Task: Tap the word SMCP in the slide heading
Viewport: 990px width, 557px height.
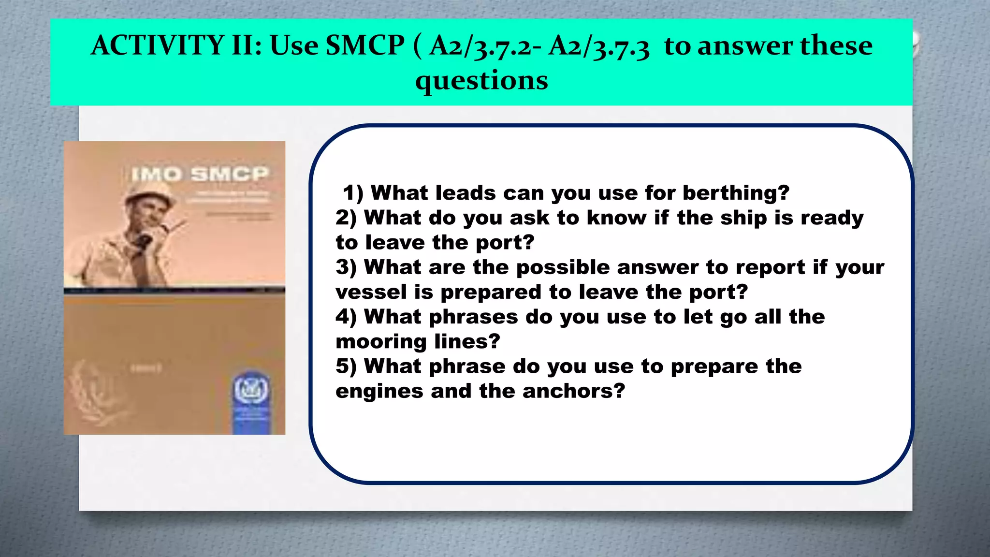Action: (364, 45)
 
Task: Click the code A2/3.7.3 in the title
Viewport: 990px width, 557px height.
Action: (599, 47)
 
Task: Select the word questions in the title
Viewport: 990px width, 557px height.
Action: (481, 81)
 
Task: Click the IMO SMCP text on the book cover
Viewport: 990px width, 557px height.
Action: (199, 174)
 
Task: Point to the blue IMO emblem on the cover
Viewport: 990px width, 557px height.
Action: (251, 389)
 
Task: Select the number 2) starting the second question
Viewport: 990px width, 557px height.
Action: (346, 218)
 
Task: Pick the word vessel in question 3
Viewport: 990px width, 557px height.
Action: (371, 292)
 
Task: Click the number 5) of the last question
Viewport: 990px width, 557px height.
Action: (346, 366)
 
